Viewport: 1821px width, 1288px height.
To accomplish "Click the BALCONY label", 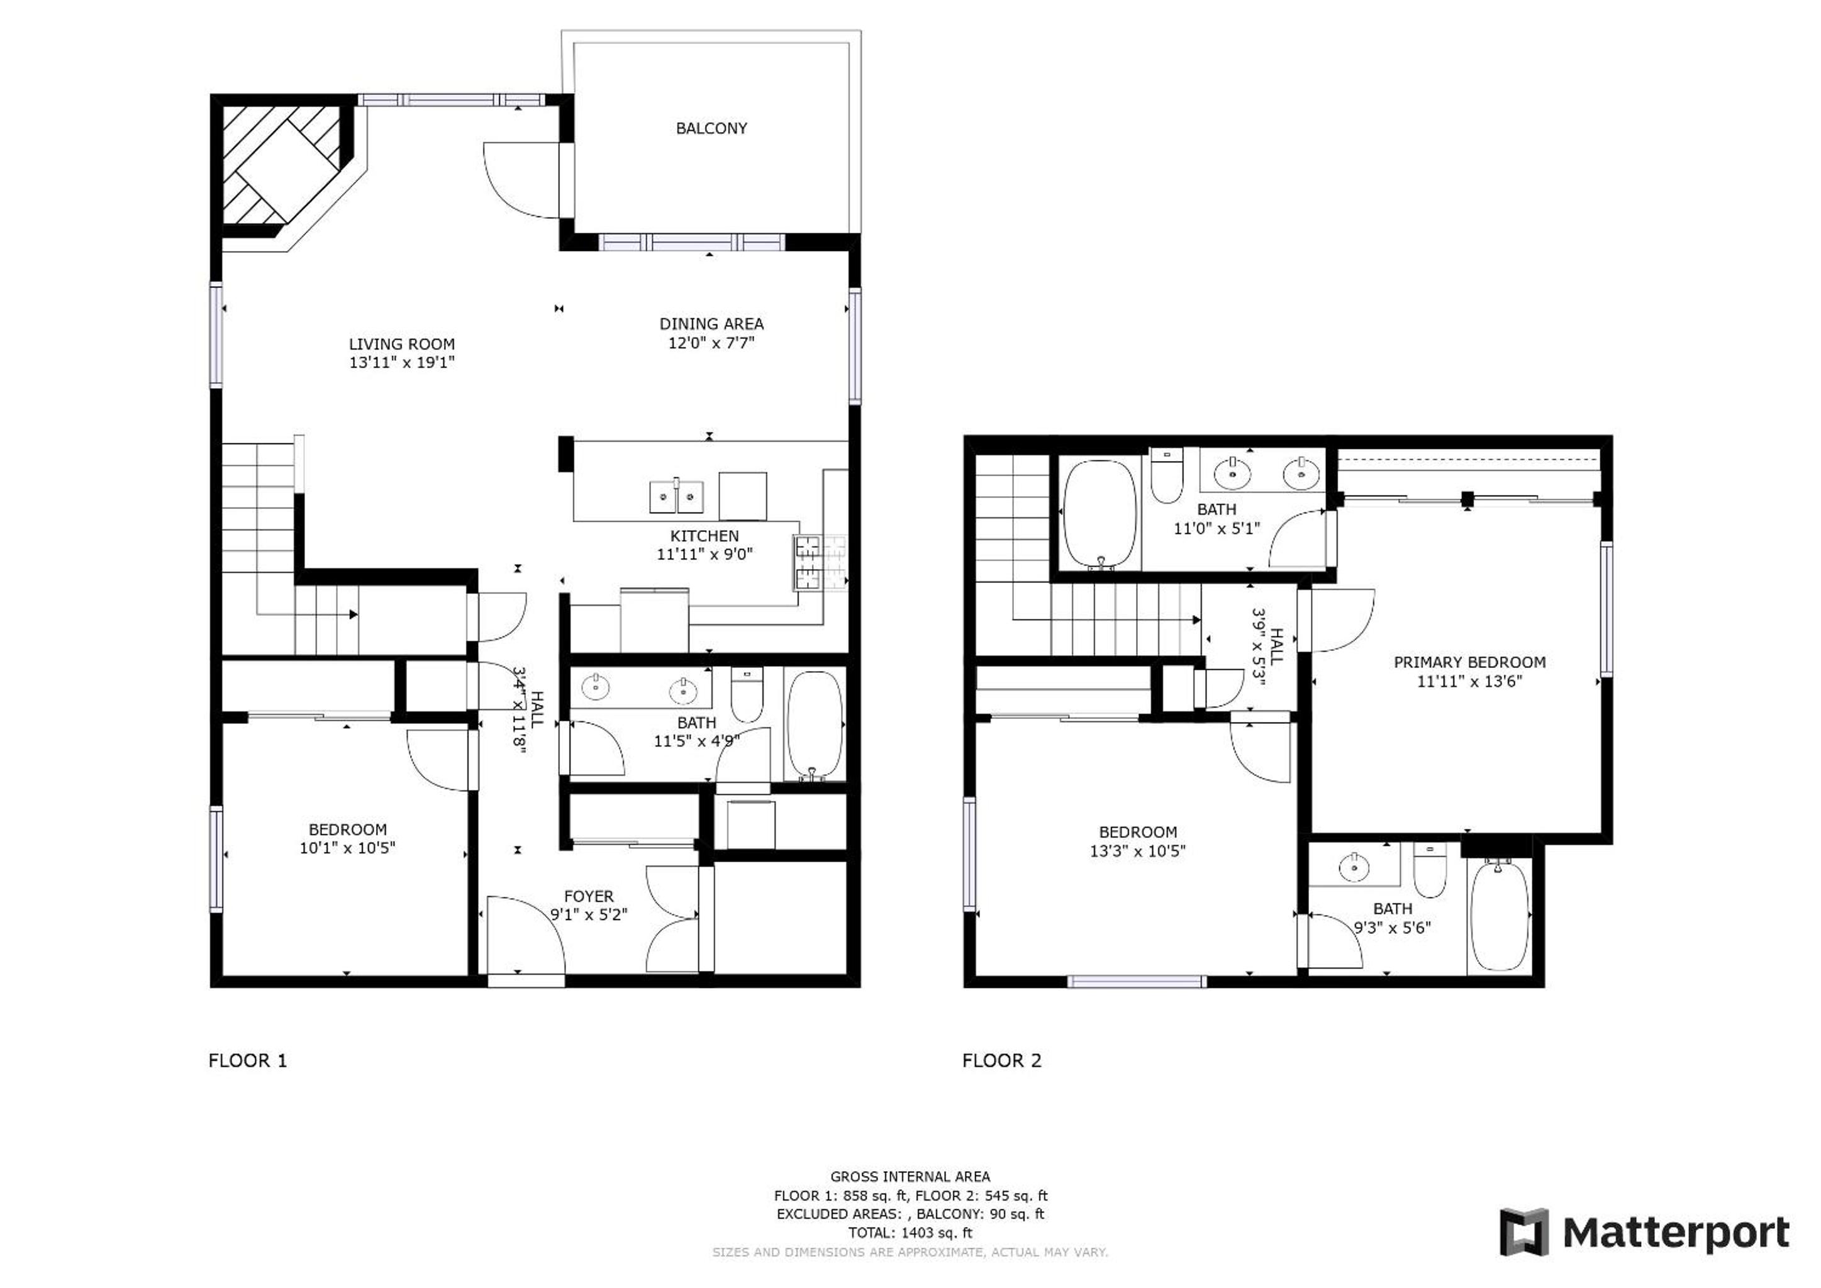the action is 711,128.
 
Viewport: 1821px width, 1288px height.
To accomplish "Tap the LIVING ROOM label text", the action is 401,344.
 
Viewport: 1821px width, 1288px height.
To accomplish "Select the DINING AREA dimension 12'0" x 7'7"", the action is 711,343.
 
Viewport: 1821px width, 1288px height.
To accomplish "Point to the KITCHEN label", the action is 704,536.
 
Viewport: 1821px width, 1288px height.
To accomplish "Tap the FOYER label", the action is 589,896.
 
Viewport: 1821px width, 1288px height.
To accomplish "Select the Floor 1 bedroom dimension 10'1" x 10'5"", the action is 347,848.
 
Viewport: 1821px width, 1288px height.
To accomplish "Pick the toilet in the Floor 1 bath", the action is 746,693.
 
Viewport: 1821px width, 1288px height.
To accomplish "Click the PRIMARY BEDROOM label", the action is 1469,662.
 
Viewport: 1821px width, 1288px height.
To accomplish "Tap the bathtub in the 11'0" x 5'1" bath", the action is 1100,514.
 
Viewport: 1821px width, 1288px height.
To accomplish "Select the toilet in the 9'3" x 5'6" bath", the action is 1429,871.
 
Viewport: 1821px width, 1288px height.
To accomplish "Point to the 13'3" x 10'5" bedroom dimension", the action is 1137,851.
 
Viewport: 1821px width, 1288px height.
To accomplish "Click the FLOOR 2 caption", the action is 1002,1060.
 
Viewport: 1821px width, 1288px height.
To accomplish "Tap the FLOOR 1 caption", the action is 247,1060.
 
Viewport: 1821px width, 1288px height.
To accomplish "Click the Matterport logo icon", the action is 1523,1231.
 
